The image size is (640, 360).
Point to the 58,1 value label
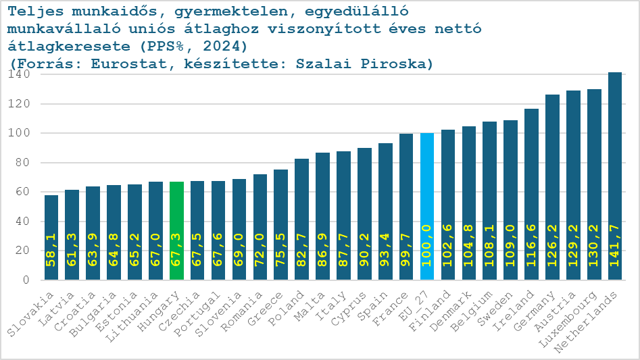[51, 258]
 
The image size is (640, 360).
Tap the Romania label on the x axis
[245, 312]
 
